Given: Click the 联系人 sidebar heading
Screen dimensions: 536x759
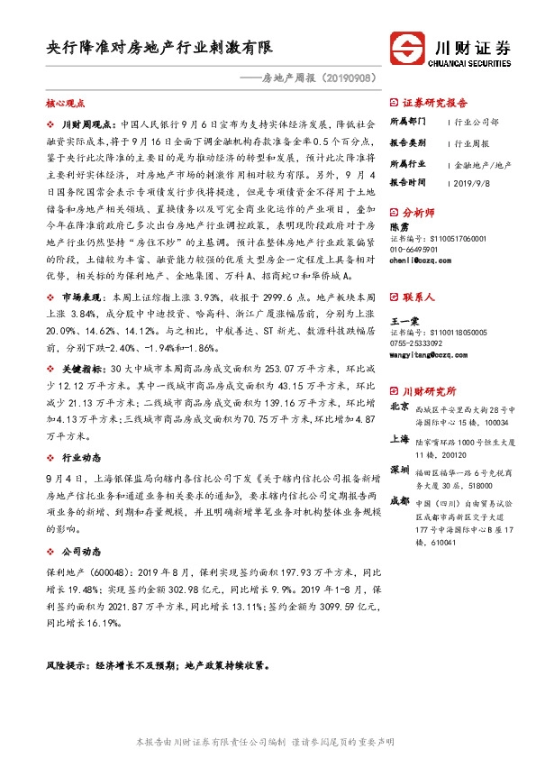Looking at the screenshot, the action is click(x=418, y=297).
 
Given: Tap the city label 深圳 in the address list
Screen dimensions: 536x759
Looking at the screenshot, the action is click(x=399, y=471).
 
